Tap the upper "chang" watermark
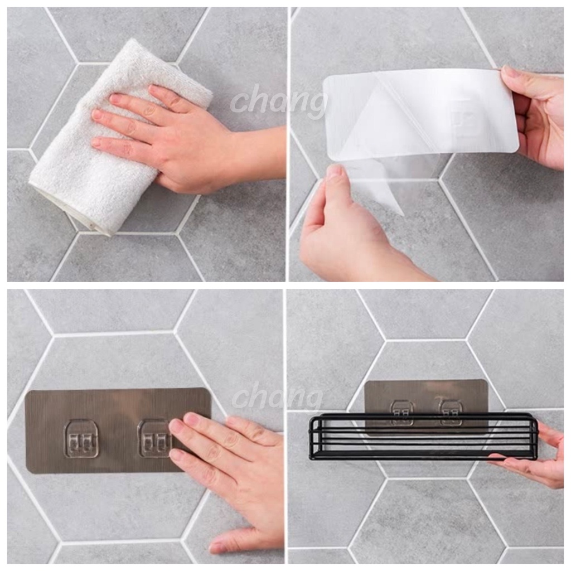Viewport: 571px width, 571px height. click(279, 100)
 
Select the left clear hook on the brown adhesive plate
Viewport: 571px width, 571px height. click(81, 439)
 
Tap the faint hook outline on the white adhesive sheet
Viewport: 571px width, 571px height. click(464, 117)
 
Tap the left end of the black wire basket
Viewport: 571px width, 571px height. click(311, 439)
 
